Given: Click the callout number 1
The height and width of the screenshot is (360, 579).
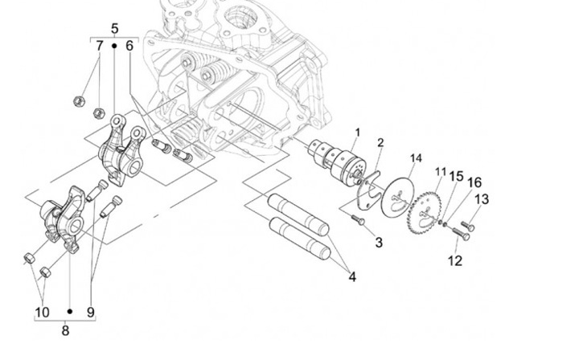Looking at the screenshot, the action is (357, 133).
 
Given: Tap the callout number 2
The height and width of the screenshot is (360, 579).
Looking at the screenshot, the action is (380, 143).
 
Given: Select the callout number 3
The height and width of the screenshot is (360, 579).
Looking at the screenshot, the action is (379, 243).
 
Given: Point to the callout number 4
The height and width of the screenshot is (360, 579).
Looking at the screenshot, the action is (352, 276).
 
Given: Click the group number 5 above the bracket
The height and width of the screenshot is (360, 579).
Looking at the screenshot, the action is (114, 28).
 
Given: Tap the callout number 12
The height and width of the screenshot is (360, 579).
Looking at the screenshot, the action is (455, 261).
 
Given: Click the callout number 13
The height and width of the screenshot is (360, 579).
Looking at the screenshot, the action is (482, 199).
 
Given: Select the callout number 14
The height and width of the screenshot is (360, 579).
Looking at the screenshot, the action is (416, 158).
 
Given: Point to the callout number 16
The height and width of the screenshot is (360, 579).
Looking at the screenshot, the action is (474, 182).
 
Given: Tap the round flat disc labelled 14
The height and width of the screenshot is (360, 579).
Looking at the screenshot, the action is (397, 197).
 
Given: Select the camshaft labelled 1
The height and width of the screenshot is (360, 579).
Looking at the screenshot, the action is (337, 159).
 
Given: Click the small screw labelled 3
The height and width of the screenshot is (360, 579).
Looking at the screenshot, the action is (358, 220).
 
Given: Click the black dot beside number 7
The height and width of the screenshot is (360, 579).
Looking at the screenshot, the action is (114, 46).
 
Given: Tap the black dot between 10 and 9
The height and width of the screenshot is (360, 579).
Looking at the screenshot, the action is (70, 312).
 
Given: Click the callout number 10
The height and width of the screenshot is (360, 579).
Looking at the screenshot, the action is (42, 312).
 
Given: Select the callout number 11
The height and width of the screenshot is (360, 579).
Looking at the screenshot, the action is (441, 172).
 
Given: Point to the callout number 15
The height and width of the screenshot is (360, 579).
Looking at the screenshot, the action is (456, 176).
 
